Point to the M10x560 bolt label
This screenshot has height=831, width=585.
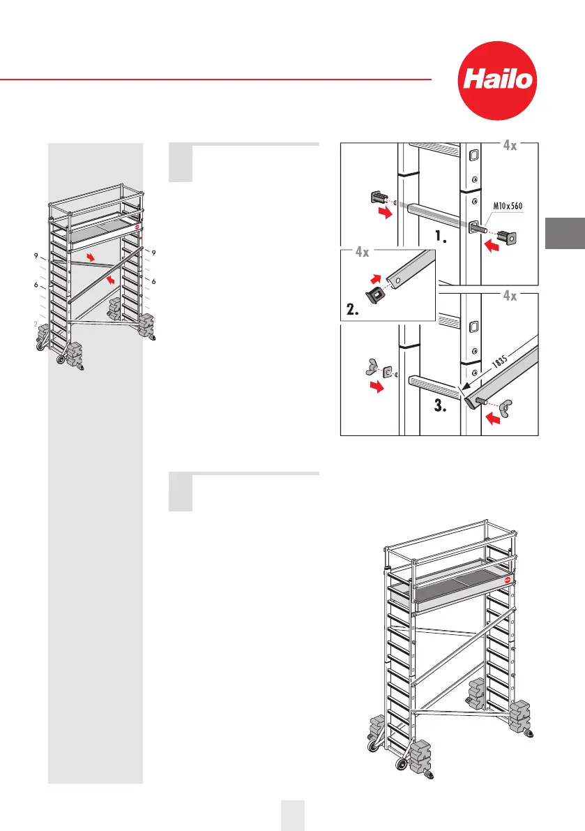(x=502, y=205)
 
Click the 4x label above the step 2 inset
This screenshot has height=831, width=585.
(x=361, y=253)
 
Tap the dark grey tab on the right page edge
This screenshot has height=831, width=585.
(x=565, y=233)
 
